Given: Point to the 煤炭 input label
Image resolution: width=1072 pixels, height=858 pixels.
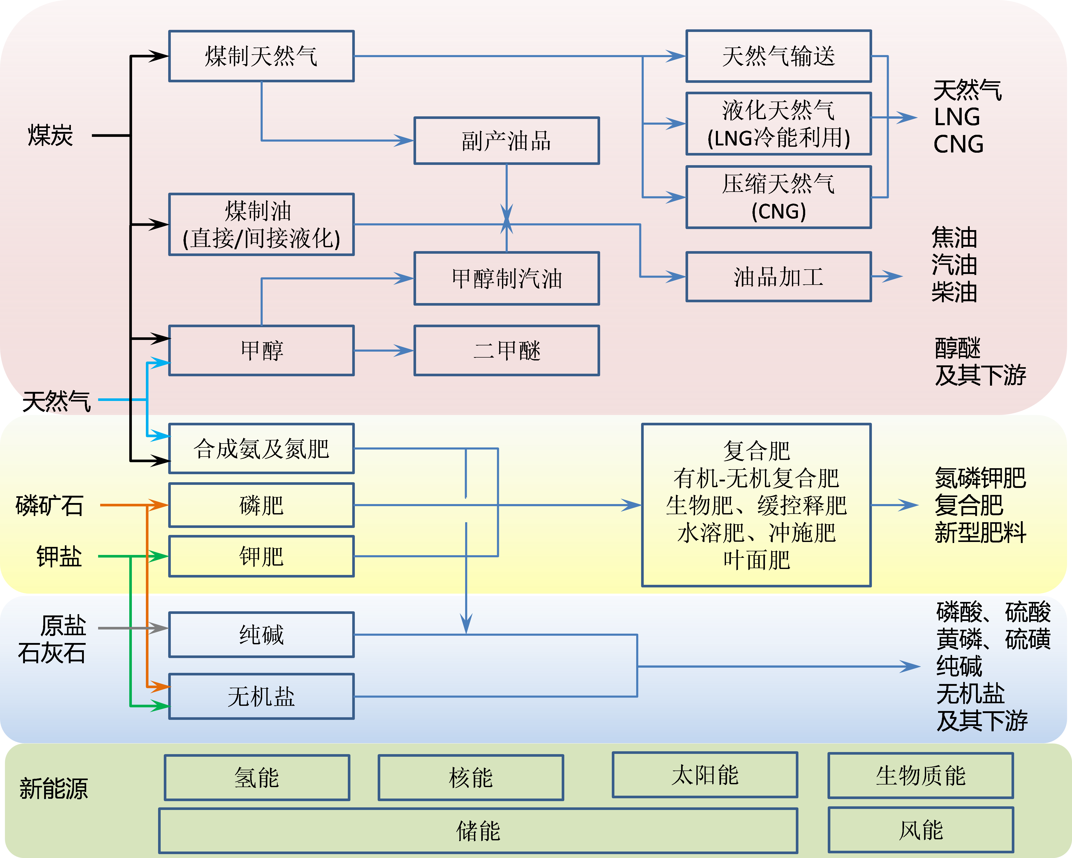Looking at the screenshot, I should point(50,135).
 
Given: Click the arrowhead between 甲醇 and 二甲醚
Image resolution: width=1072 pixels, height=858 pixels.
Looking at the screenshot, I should point(404,351).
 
